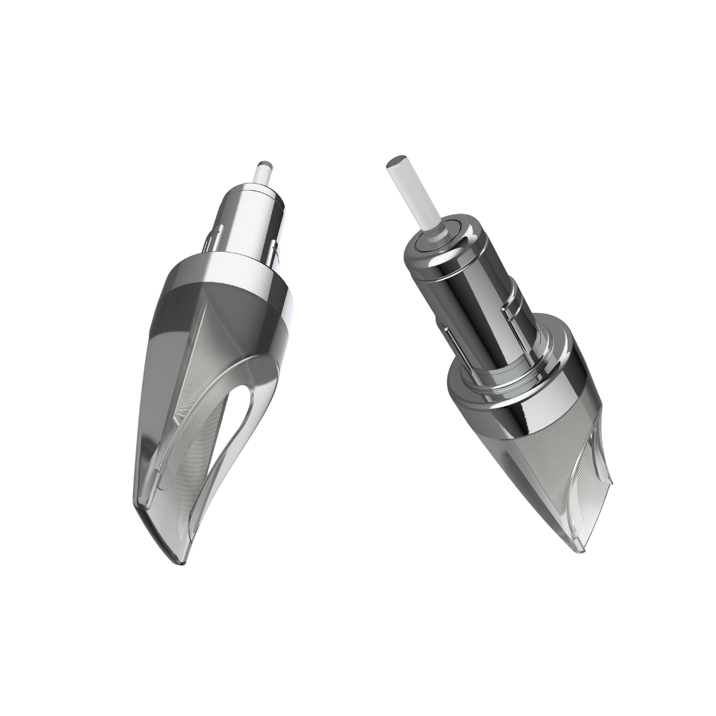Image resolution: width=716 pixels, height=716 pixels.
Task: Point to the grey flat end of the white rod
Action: (396, 161)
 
